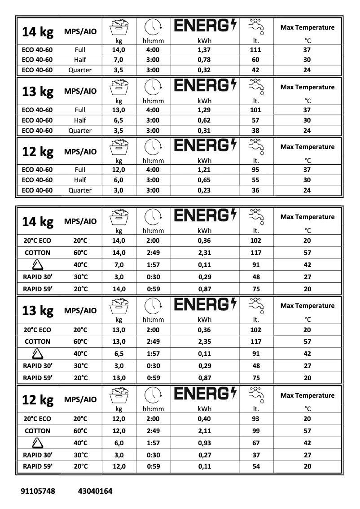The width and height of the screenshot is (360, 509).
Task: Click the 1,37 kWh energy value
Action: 204,50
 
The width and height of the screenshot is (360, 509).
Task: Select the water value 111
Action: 256,50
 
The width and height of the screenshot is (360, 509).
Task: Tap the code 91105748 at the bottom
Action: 38,491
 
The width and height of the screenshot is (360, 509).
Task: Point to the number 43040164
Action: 95,491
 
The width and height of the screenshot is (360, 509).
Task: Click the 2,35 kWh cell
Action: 204,342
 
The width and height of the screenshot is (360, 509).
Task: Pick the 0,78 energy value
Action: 204,60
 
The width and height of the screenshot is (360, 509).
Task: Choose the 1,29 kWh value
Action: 204,110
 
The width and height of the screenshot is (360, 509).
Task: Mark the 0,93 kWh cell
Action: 204,443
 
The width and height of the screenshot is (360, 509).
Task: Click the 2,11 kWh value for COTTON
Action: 204,431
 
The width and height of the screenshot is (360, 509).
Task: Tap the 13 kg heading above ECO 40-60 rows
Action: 38,92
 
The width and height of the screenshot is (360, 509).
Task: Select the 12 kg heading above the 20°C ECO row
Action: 38,399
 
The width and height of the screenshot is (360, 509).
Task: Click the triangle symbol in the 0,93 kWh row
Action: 37,443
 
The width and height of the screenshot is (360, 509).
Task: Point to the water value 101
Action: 256,110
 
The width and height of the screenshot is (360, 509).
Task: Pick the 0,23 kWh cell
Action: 204,190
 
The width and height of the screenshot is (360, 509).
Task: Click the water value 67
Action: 256,443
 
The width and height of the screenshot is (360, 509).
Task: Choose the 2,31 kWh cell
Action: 204,253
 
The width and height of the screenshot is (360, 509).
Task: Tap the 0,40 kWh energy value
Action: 204,419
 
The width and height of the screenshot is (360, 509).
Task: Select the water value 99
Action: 256,431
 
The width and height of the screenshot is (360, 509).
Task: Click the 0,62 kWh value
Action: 204,120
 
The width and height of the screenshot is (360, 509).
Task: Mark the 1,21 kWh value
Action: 204,170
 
